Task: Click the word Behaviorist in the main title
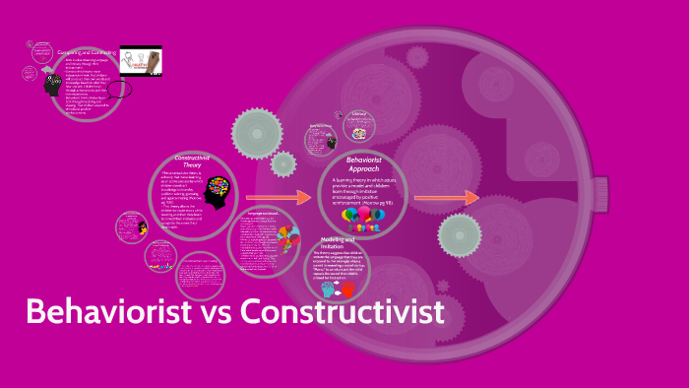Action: pos(108,312)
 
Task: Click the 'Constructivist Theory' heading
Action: pos(193,162)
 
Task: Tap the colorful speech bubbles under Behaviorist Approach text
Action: pos(362,219)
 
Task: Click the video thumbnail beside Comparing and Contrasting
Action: pos(141,61)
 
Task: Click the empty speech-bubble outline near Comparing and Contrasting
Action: pos(120,89)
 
